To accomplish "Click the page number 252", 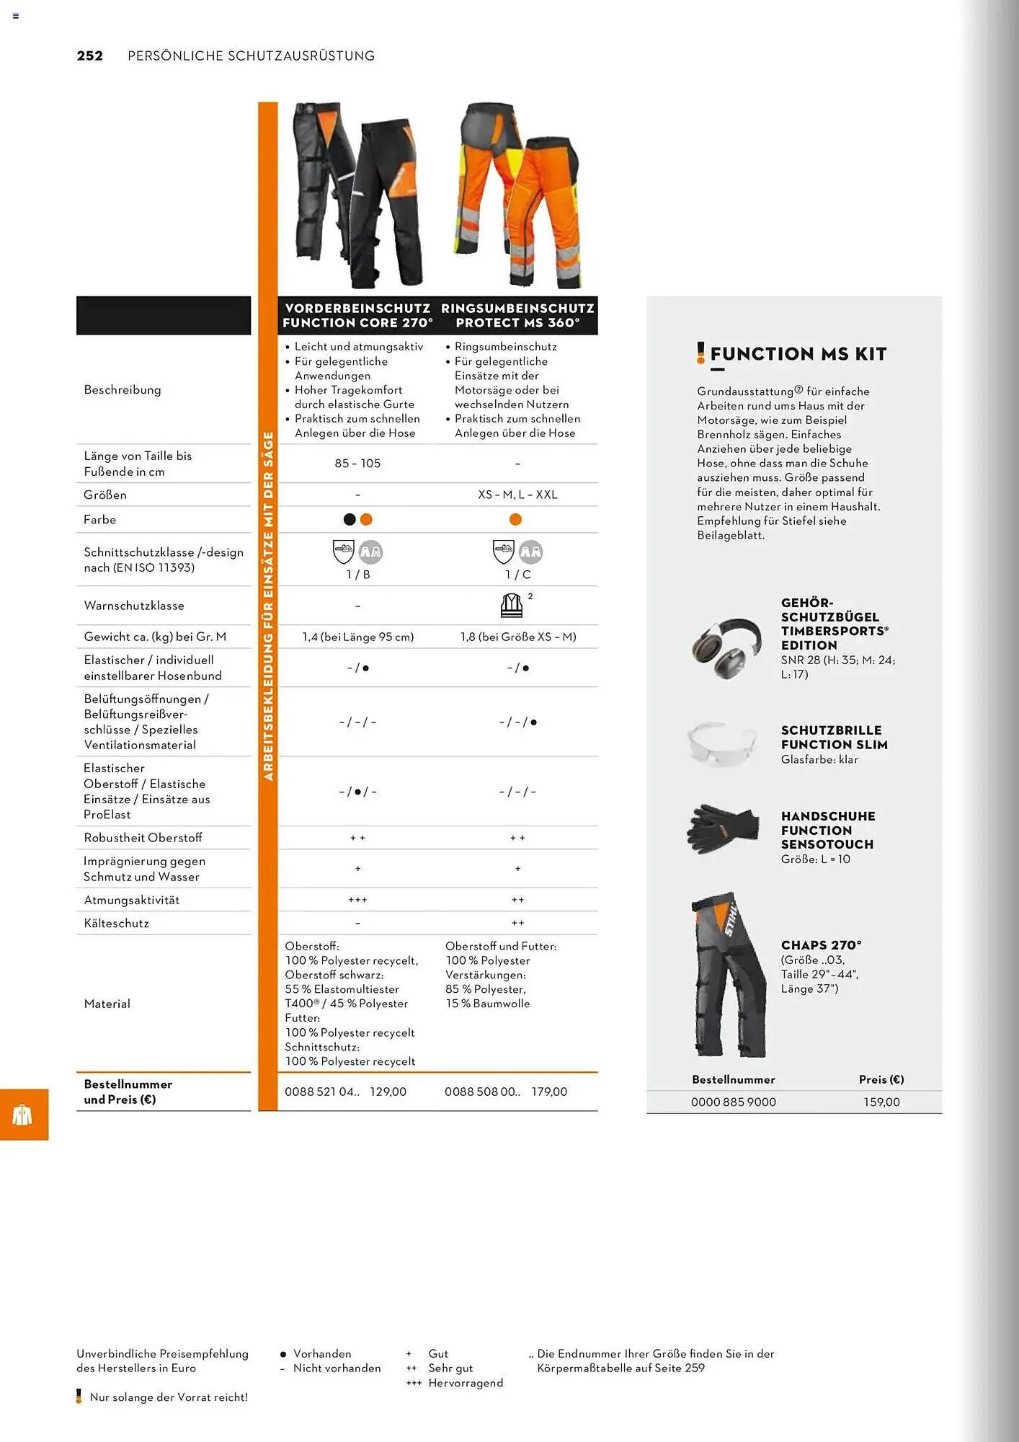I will pos(90,56).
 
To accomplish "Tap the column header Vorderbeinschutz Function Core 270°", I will pos(357,316).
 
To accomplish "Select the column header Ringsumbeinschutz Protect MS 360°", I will pos(517,316).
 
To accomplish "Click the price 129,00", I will pos(388,1092).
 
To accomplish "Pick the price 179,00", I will pos(549,1092).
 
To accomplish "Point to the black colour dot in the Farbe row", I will pos(350,519).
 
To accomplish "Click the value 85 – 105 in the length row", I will pos(357,464).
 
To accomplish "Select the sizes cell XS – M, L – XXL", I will pos(517,495).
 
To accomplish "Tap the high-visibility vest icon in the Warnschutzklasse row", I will pos(512,605).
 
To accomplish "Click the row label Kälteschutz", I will pos(117,924).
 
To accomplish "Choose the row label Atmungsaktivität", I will pos(132,900).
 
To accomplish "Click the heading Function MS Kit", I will pos(798,354).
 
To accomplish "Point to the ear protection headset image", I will pos(726,647).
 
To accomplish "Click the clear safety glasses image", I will pos(721,743).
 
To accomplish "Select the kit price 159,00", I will pos(881,1102).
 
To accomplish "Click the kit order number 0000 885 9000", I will pos(733,1102).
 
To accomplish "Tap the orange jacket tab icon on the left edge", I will pos(23,1115).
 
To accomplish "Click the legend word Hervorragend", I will pos(466,1383).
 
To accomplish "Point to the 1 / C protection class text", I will pos(517,575).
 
